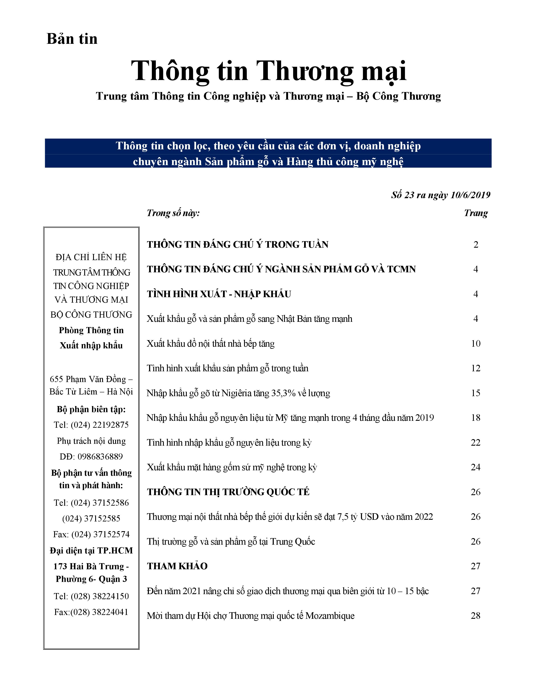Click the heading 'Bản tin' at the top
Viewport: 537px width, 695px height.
tap(72, 39)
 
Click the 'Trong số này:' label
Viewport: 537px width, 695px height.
tap(173, 213)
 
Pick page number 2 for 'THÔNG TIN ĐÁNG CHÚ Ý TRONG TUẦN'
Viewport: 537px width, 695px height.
tap(476, 244)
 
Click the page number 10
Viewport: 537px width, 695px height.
tap(476, 343)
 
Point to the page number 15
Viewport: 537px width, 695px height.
tap(476, 393)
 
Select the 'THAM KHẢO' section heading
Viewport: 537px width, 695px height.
tap(177, 566)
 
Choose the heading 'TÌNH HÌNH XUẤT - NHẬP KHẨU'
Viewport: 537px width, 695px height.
tap(219, 294)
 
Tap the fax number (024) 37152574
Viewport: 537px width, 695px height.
tap(100, 534)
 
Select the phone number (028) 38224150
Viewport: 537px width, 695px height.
tap(100, 596)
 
